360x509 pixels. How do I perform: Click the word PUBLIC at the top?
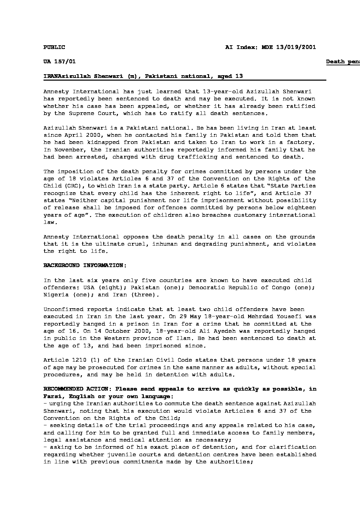[x=54, y=47]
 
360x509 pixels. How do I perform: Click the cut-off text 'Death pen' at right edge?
[x=343, y=62]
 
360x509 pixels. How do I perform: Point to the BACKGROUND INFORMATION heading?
[x=85, y=265]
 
